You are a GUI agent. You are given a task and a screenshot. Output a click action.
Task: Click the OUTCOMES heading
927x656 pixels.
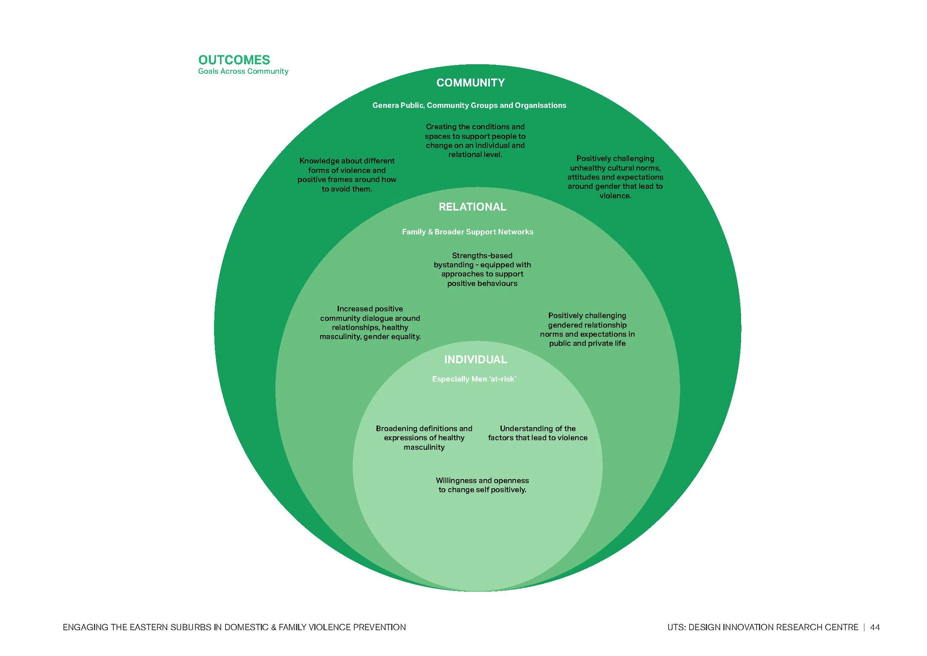pos(234,60)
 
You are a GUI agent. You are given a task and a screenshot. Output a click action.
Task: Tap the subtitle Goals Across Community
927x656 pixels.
pos(243,71)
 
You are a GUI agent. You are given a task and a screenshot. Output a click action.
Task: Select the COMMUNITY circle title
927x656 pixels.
pos(470,83)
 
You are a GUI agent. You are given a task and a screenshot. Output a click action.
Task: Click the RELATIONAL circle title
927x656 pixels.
pos(472,207)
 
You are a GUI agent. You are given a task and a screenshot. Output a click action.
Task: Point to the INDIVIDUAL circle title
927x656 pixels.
pos(475,359)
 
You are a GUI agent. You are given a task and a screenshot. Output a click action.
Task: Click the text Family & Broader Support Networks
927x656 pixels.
pos(468,232)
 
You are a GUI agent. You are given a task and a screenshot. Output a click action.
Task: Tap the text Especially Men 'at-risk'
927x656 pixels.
pos(474,379)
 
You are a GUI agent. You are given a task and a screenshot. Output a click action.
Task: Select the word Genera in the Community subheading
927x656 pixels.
pos(385,105)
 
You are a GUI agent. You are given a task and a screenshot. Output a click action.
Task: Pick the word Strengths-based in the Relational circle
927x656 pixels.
pos(482,256)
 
